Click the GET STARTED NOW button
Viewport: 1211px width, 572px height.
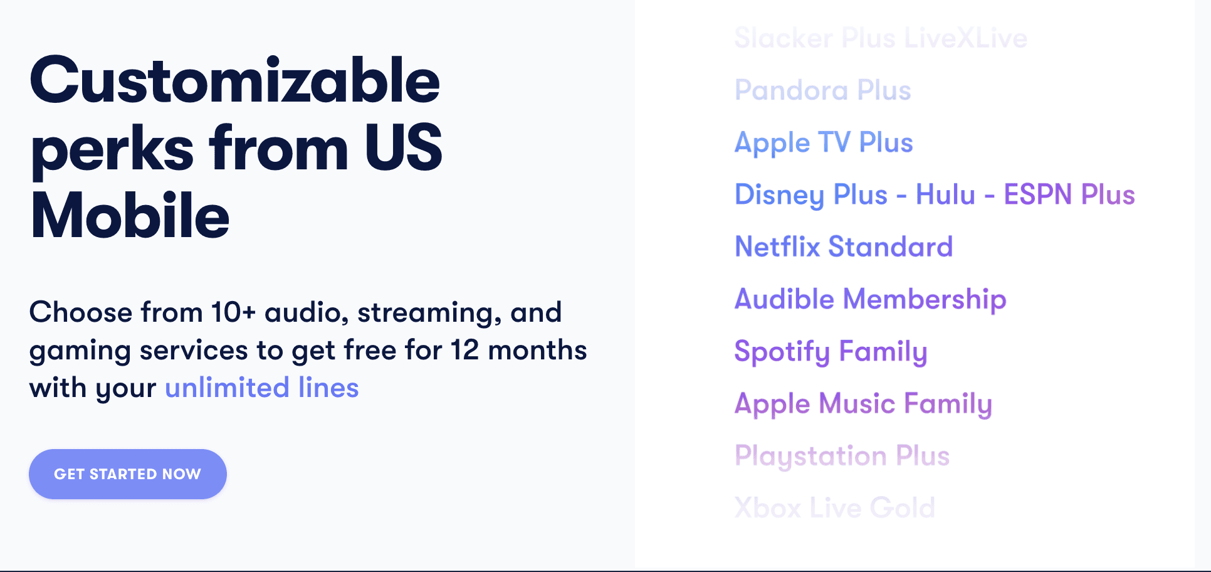click(128, 474)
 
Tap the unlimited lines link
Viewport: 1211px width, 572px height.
click(262, 388)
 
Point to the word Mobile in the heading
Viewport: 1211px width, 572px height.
click(130, 215)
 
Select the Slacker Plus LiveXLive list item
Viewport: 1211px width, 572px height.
click(881, 38)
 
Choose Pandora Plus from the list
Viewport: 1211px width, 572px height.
click(822, 90)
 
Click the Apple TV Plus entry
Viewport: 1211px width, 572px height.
click(824, 143)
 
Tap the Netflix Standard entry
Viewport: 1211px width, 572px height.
click(844, 246)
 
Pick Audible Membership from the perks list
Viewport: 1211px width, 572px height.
click(870, 299)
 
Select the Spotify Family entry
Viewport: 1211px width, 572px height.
click(831, 352)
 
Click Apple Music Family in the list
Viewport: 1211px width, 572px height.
click(863, 404)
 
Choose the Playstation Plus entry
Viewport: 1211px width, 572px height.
click(842, 456)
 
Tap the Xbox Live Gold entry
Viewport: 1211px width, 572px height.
click(834, 508)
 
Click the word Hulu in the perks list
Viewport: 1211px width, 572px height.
click(945, 194)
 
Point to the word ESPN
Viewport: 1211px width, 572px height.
click(1037, 194)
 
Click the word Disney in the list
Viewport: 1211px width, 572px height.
click(779, 195)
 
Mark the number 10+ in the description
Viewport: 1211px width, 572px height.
click(233, 312)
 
